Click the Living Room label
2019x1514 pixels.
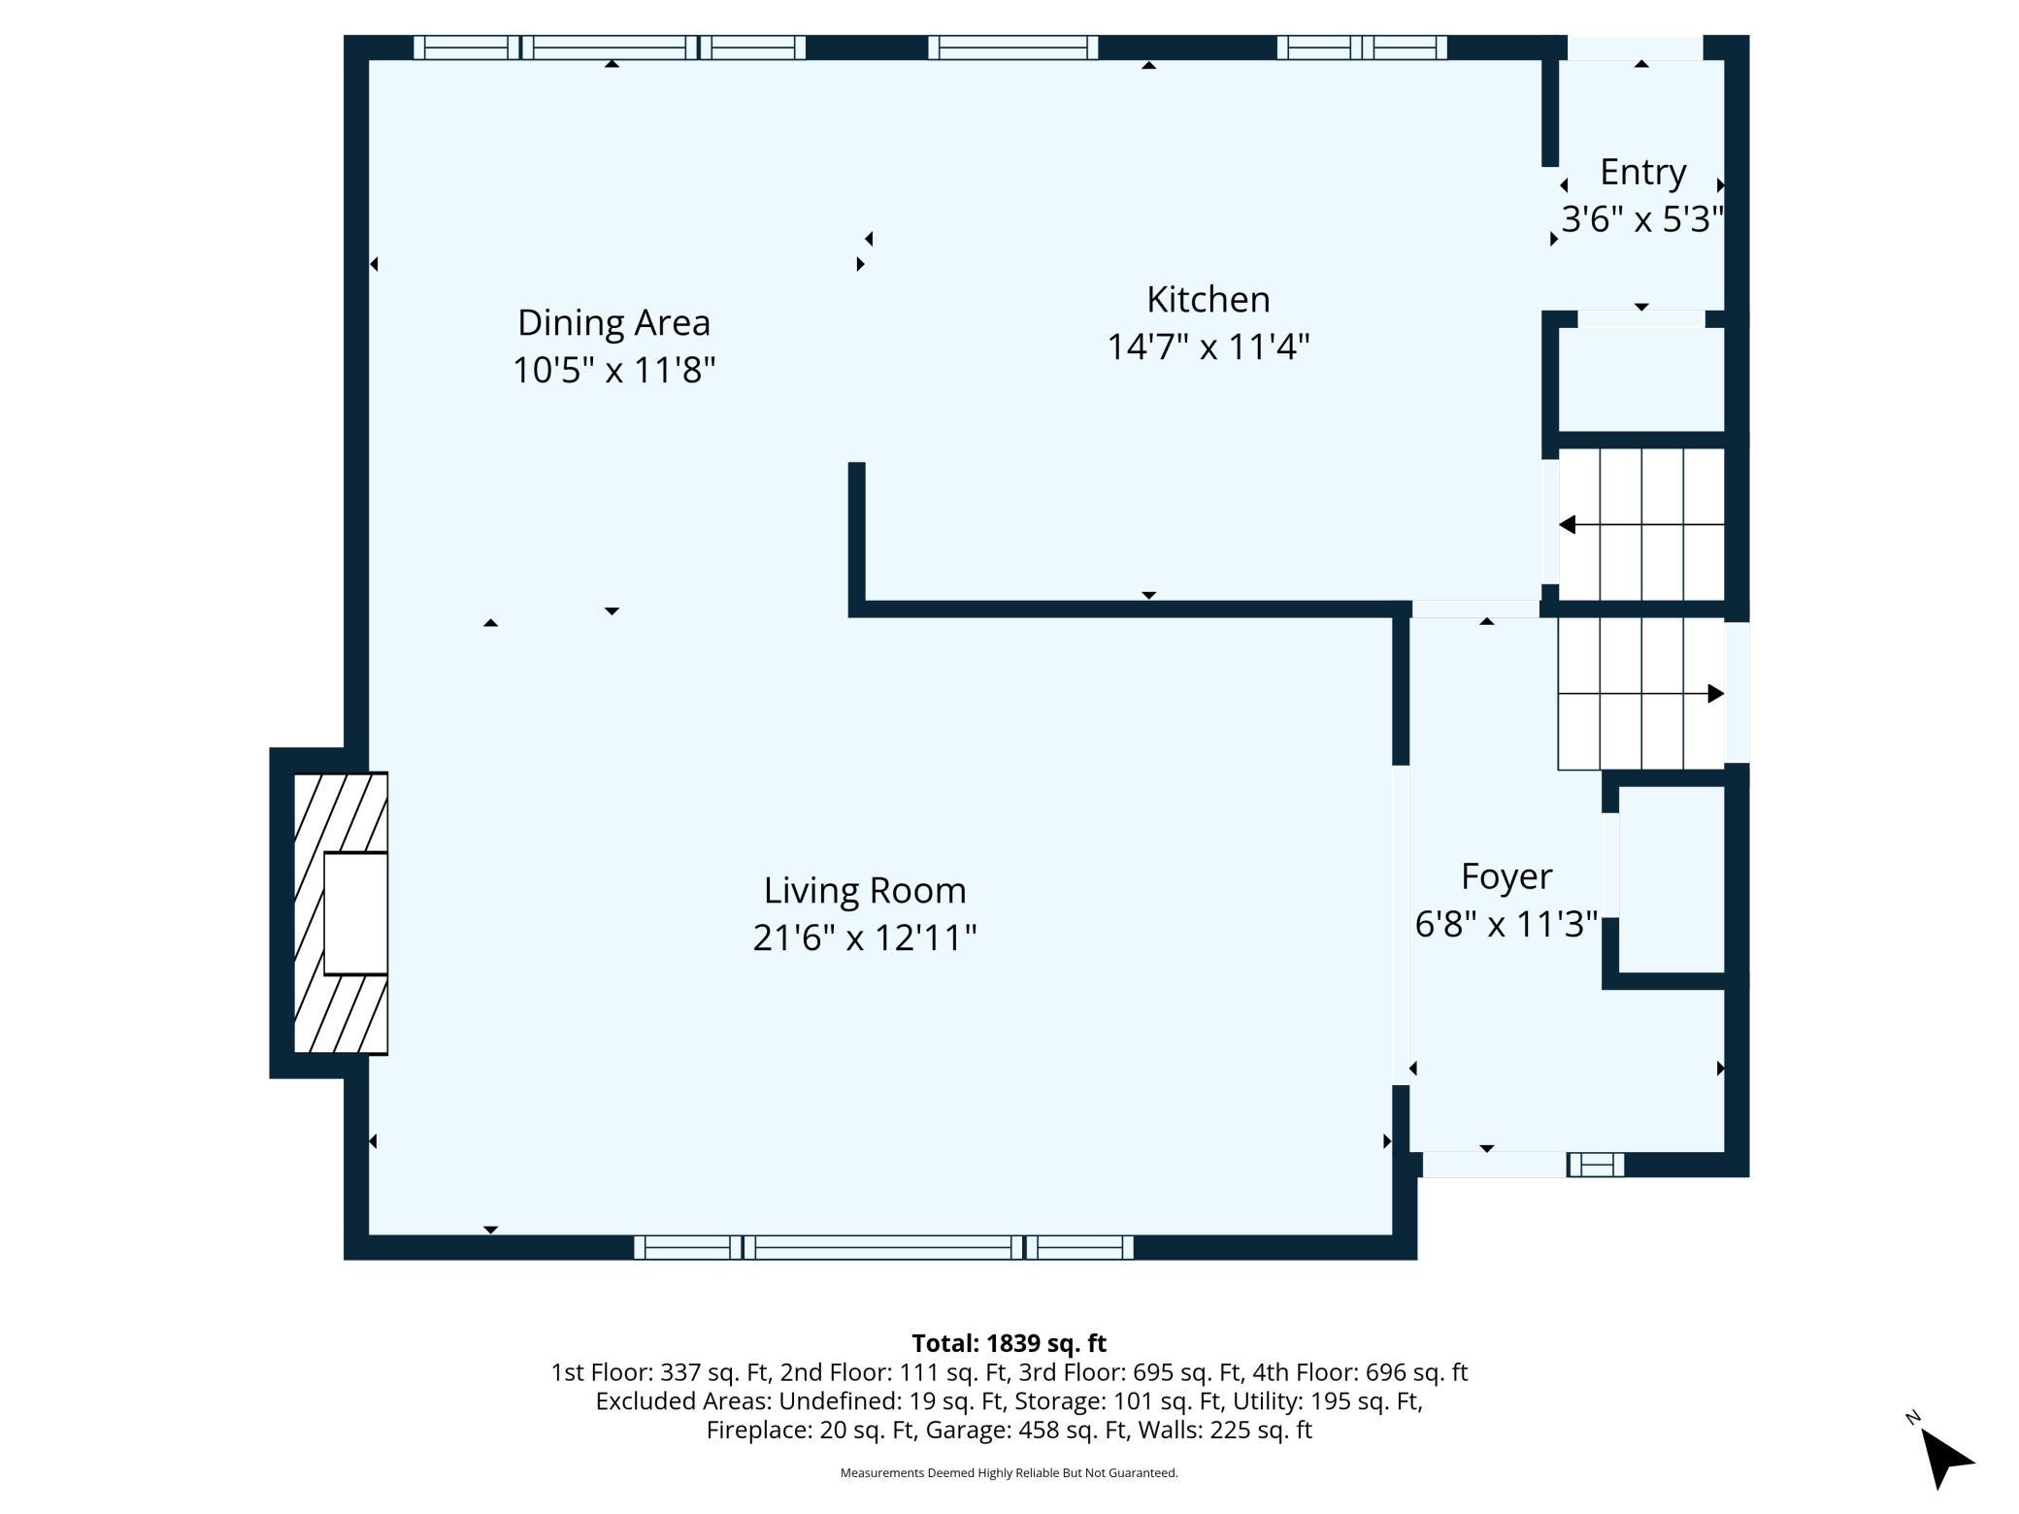[865, 890]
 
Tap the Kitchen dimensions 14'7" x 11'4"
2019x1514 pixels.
[1208, 346]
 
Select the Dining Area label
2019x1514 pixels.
[613, 322]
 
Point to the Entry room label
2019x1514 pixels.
[1642, 172]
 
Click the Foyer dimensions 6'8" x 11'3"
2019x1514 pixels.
[1506, 924]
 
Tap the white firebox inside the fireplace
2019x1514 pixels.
[355, 913]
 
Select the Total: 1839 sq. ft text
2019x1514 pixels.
[1009, 1343]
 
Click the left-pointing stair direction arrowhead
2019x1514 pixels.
[1567, 525]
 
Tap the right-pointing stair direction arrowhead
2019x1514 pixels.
[1715, 694]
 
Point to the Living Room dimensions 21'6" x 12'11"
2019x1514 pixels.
[865, 938]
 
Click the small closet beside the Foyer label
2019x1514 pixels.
[1671, 879]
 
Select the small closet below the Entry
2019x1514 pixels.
[1641, 379]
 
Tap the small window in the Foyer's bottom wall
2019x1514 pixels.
[1596, 1165]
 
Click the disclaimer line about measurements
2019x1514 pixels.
[1009, 1473]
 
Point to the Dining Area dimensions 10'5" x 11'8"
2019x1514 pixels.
[613, 370]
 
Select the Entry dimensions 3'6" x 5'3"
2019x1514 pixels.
[1642, 219]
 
